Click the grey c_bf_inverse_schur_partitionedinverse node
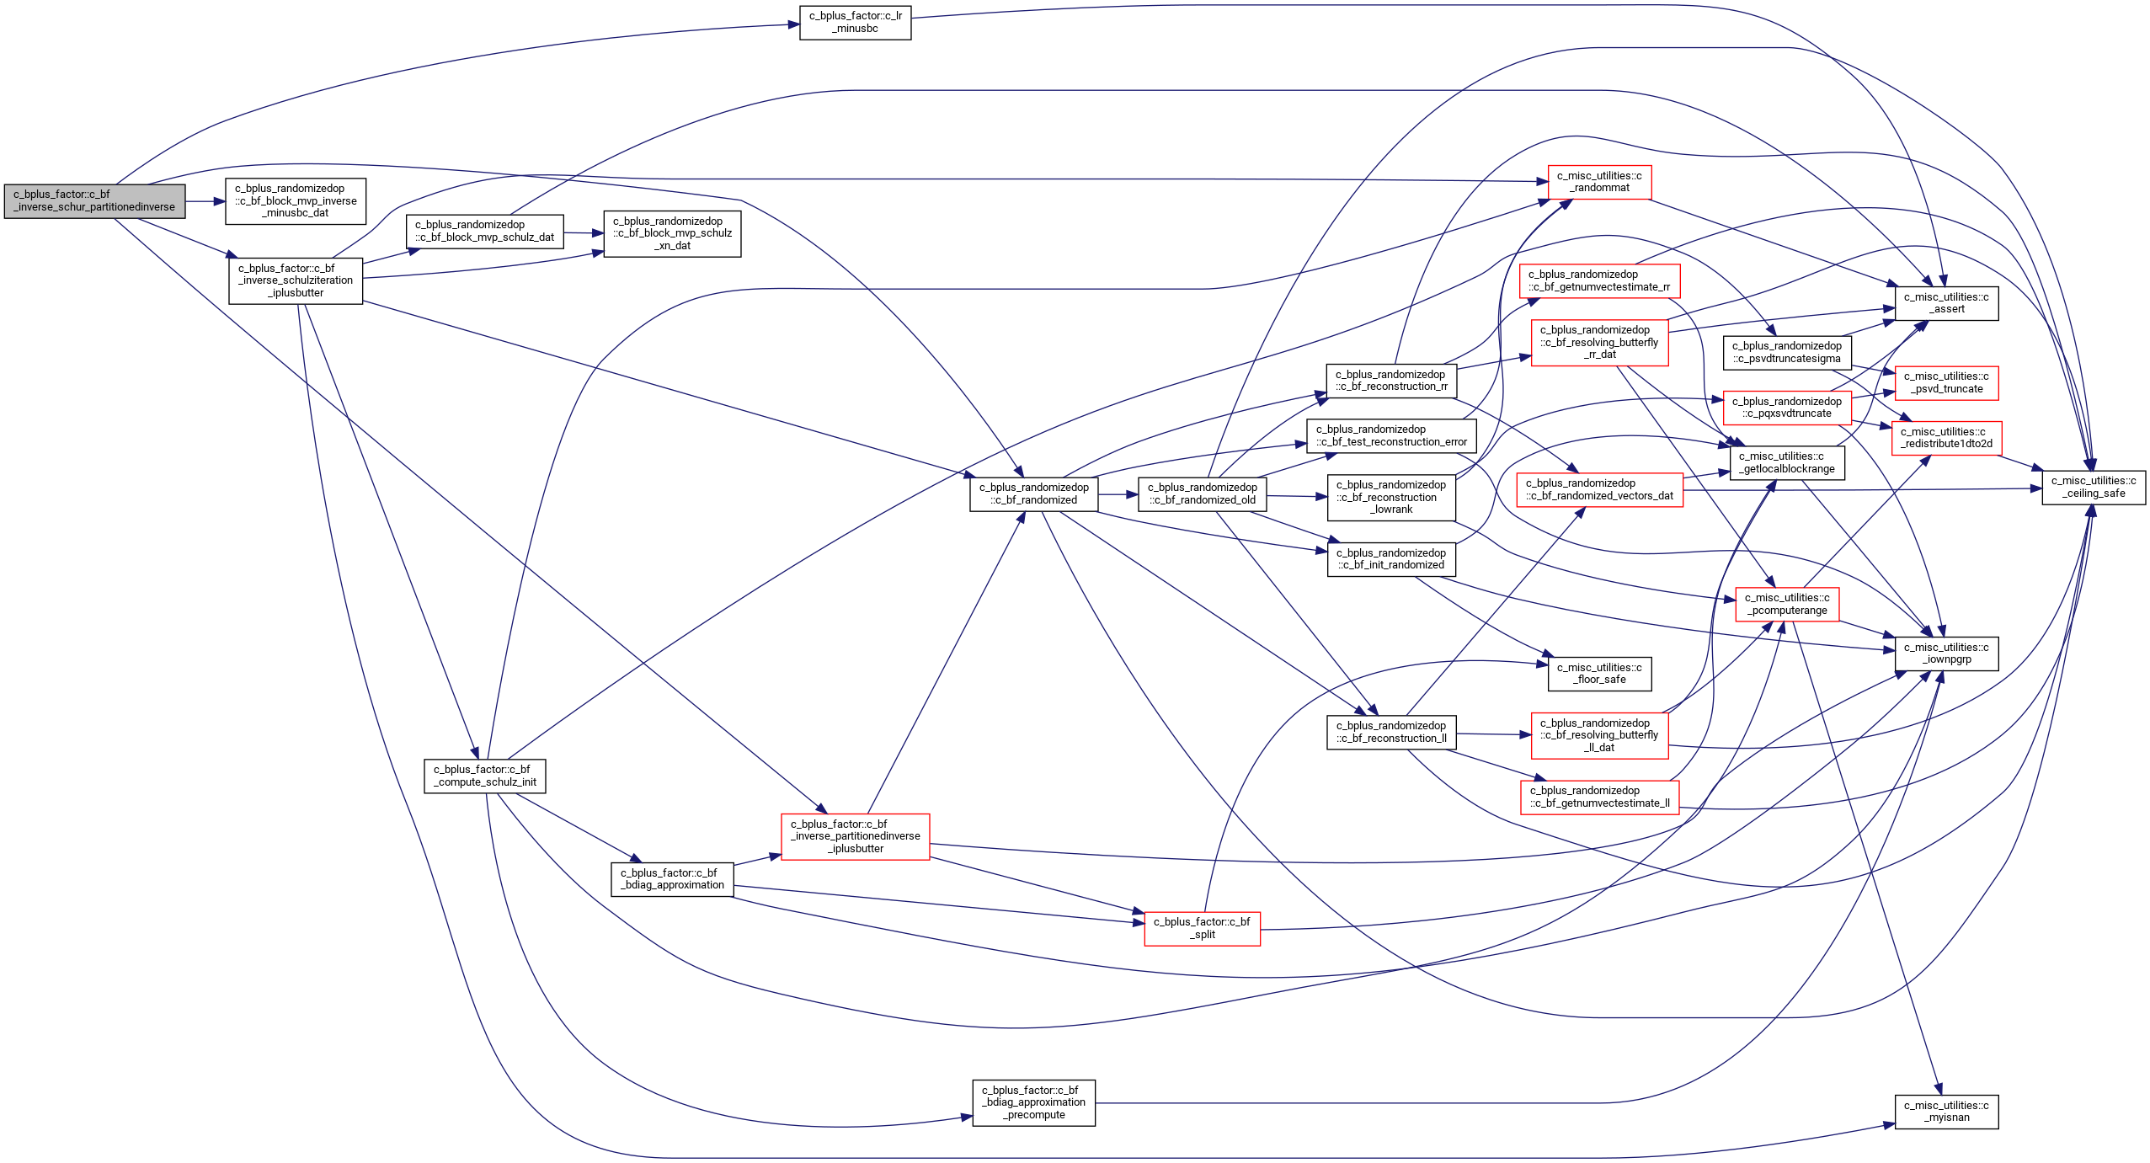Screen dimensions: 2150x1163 pyautogui.click(x=94, y=200)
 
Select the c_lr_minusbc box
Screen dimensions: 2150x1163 pyautogui.click(x=855, y=22)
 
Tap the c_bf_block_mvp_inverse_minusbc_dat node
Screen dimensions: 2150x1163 pyautogui.click(x=296, y=200)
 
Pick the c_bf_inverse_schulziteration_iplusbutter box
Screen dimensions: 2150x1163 pyautogui.click(x=296, y=280)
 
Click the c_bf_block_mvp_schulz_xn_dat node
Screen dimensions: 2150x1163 pyautogui.click(x=672, y=233)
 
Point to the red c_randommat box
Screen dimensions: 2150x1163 pyautogui.click(x=1599, y=182)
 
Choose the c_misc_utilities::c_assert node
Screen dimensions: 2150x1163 pyautogui.click(x=1946, y=303)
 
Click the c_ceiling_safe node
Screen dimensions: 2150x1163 pyautogui.click(x=2094, y=488)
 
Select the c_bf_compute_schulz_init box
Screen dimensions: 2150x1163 pyautogui.click(x=484, y=776)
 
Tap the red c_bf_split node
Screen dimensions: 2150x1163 pyautogui.click(x=1202, y=928)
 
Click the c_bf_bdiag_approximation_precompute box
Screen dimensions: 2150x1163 pyautogui.click(x=1033, y=1102)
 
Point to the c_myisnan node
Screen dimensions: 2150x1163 pyautogui.click(x=1946, y=1112)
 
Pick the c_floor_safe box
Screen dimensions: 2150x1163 pyautogui.click(x=1599, y=674)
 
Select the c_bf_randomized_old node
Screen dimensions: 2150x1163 pyautogui.click(x=1202, y=493)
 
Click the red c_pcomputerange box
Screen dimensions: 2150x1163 pyautogui.click(x=1787, y=604)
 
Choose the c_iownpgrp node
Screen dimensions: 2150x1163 pyautogui.click(x=1946, y=654)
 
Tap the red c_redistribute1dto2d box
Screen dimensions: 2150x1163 pyautogui.click(x=1946, y=438)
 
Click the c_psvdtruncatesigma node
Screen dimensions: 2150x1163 pyautogui.click(x=1787, y=352)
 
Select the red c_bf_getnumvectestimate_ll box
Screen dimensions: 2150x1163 pyautogui.click(x=1599, y=797)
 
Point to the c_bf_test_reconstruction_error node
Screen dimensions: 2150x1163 pyautogui.click(x=1391, y=435)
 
